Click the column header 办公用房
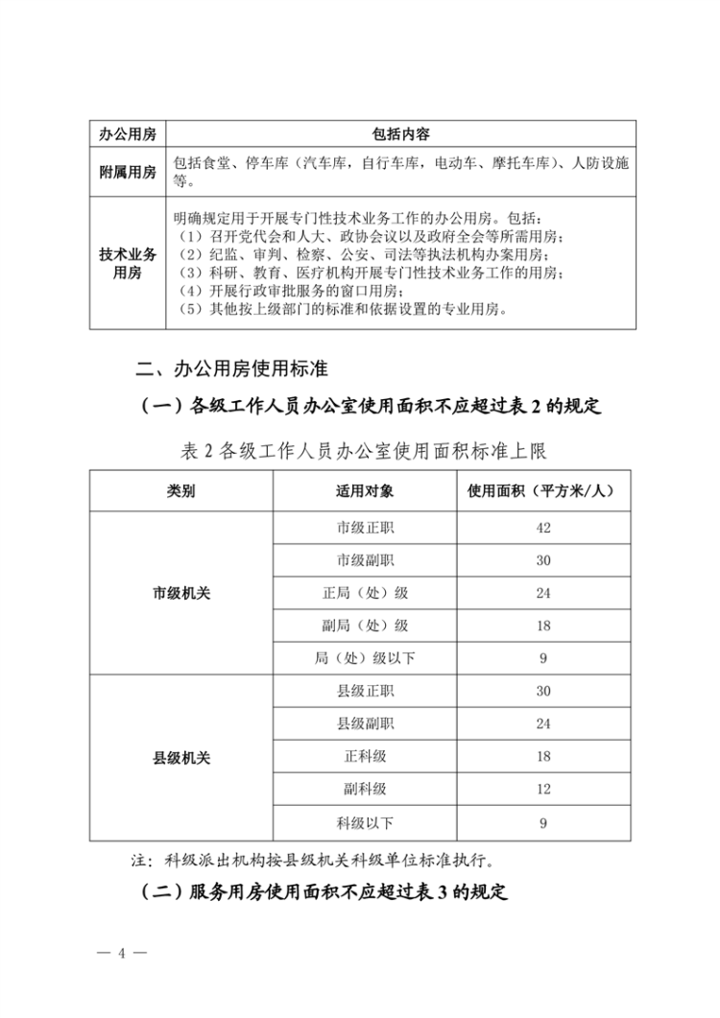tap(128, 133)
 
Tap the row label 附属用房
tap(128, 172)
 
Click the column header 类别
tap(181, 490)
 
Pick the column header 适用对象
tap(365, 490)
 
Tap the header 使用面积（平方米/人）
tap(544, 490)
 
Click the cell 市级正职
tap(365, 527)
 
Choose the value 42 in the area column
tap(544, 527)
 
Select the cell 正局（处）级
tap(365, 593)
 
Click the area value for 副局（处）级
tap(544, 626)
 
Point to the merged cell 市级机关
tap(181, 593)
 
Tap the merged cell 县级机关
tap(181, 757)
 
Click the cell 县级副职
tap(365, 723)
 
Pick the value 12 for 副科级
tap(544, 790)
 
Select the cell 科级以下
tap(365, 822)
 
